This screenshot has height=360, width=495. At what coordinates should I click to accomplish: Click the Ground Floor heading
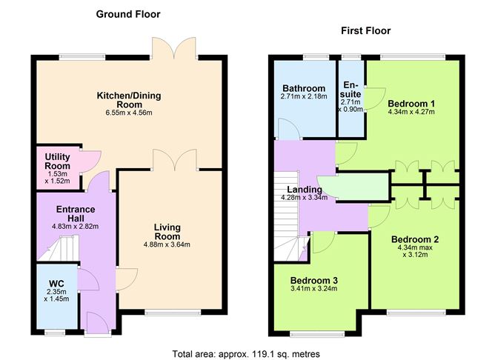click(x=127, y=14)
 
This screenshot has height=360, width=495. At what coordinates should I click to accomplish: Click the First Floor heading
click(x=365, y=30)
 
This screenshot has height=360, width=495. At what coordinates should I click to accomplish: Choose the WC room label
click(x=56, y=282)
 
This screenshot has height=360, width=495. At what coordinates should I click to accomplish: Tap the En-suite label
click(x=351, y=90)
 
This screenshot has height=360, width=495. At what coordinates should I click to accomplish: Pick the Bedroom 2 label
click(x=415, y=239)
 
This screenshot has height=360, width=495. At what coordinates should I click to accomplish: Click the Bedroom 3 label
click(x=314, y=280)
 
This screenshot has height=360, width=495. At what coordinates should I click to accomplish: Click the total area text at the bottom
click(x=246, y=354)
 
